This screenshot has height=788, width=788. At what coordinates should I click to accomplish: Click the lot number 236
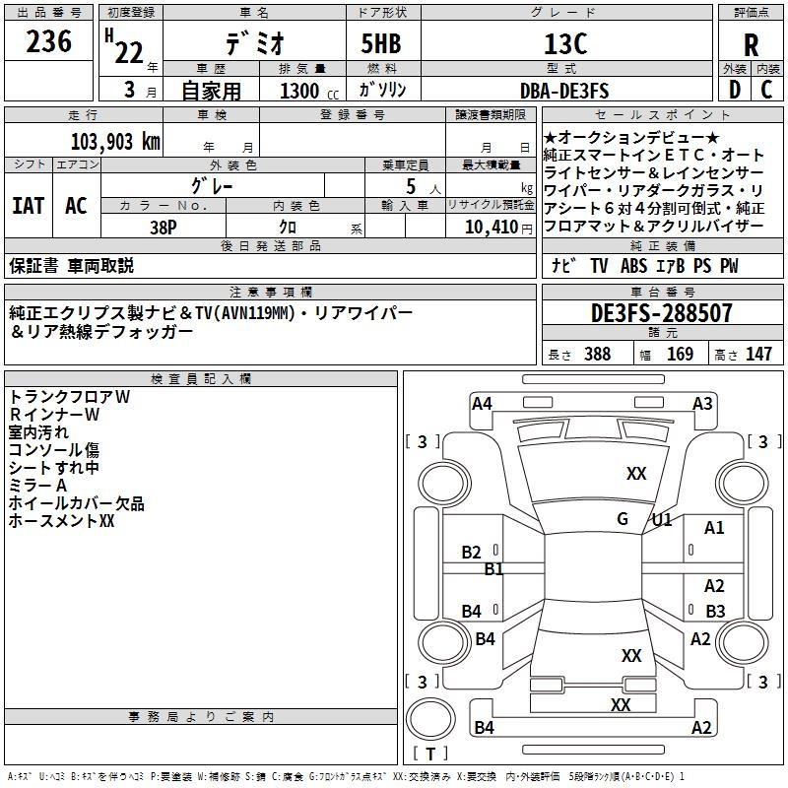click(49, 42)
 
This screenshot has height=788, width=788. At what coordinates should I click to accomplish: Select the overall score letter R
click(751, 45)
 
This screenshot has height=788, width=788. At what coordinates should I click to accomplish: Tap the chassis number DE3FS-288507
click(662, 314)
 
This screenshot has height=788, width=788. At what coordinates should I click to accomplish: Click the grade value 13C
click(565, 44)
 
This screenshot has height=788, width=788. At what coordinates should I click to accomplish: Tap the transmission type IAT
click(28, 206)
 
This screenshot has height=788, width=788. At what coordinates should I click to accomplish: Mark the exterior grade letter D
click(734, 90)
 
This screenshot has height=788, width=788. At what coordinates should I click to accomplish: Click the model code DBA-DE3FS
click(564, 91)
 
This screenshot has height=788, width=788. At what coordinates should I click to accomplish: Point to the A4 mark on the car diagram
click(482, 403)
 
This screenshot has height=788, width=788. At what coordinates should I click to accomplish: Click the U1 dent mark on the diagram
click(662, 519)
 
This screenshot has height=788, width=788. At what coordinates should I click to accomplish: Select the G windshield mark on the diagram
click(623, 519)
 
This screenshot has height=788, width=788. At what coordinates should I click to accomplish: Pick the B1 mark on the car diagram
click(493, 569)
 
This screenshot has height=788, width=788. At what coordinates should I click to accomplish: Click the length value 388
click(597, 355)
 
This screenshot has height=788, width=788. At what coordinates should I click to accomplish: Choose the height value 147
click(758, 355)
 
